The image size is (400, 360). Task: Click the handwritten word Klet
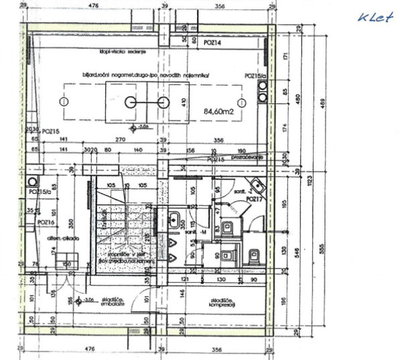click(x=375, y=18)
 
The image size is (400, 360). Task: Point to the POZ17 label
click(x=255, y=199)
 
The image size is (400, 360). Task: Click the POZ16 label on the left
click(x=46, y=221)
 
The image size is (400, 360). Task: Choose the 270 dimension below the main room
click(x=121, y=140)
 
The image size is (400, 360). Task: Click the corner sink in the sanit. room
click(x=255, y=186)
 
